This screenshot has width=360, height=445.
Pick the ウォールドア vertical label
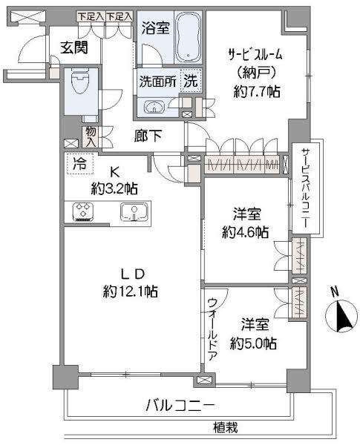[x=213, y=328]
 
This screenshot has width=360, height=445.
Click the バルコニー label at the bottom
[x=180, y=406]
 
